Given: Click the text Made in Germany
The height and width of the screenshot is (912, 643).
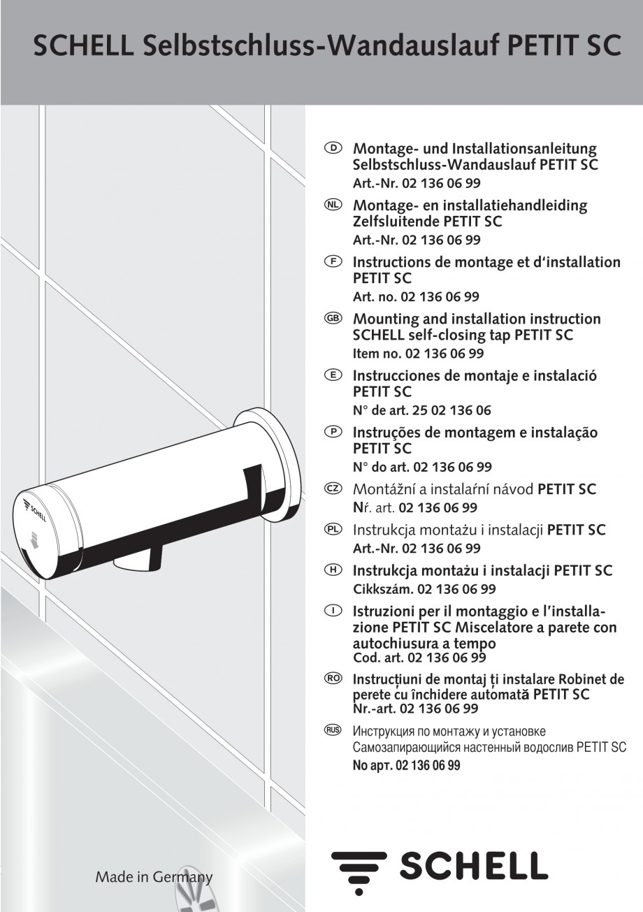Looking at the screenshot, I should pos(154,877).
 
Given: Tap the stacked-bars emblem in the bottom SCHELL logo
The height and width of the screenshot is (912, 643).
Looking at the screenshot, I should pos(359,869).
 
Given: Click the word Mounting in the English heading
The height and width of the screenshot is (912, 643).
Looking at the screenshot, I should pos(391,319).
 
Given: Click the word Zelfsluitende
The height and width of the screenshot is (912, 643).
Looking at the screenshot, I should pos(395,222).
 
